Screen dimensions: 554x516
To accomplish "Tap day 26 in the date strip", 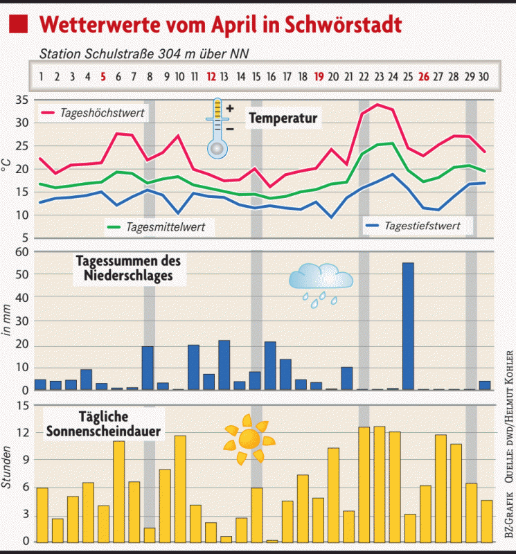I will [x=424, y=76].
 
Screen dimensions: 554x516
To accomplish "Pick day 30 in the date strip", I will [x=485, y=76].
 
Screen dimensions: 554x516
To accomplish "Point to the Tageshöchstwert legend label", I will [x=103, y=112].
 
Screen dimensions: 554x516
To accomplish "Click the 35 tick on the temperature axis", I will [x=21, y=100].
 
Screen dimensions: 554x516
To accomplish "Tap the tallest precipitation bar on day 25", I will [x=409, y=325].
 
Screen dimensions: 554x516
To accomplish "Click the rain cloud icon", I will [x=321, y=280].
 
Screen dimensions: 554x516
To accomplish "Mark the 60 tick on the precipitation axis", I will [x=21, y=252].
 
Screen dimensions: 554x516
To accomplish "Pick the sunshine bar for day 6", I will [x=119, y=491].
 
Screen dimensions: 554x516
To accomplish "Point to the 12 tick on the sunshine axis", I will [x=21, y=434].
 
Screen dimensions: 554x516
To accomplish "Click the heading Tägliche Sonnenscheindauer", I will [x=103, y=424].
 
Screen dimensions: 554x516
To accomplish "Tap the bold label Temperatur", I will [x=283, y=118].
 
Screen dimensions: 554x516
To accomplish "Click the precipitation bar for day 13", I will [x=224, y=365].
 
